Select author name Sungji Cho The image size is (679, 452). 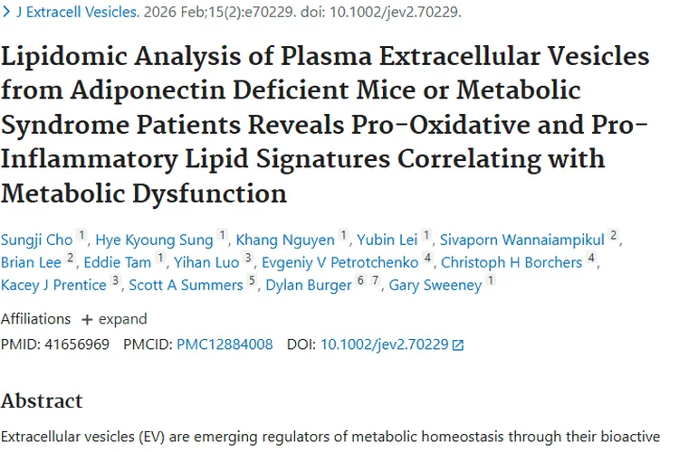pos(36,239)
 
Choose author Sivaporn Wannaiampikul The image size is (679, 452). pos(522,239)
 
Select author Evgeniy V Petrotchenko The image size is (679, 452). pos(339,262)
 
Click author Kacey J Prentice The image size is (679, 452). pos(53,286)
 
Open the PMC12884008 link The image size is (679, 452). pos(224,344)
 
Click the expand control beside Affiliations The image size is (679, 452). pos(113,319)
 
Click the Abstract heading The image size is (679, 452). pos(42,400)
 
